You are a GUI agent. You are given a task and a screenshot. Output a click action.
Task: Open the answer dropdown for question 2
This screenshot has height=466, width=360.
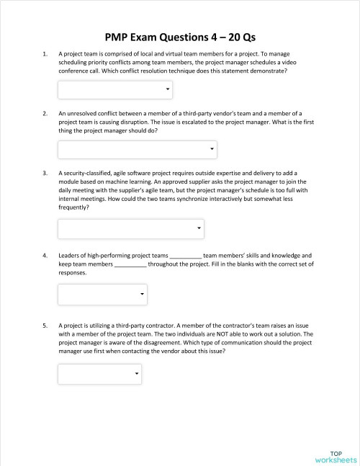tap(137, 149)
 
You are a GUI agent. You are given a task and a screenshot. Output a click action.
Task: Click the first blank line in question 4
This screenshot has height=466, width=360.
tap(185, 256)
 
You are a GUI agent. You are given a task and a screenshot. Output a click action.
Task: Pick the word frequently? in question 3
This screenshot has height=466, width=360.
tap(74, 207)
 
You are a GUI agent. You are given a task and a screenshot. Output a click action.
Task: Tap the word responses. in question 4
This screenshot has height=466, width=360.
tap(72, 273)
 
